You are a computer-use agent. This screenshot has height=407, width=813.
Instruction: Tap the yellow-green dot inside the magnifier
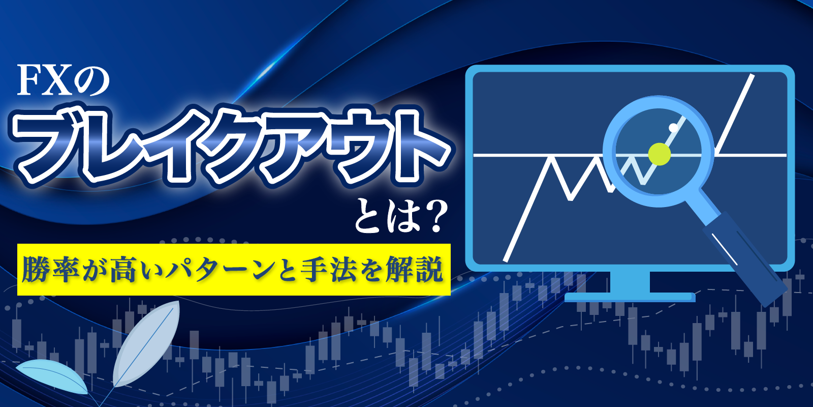click(659, 154)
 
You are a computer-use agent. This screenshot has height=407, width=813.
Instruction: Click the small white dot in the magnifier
click(673, 127)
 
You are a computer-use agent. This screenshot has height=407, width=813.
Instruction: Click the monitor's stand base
click(630, 298)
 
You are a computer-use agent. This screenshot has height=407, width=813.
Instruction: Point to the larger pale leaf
click(147, 343)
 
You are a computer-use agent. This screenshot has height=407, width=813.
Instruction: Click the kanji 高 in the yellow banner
click(123, 270)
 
